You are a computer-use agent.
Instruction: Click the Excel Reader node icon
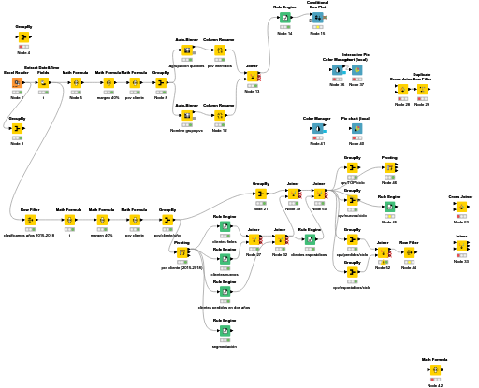point(17,83)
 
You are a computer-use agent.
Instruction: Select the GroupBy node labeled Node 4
point(23,37)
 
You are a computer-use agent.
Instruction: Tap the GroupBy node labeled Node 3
point(17,128)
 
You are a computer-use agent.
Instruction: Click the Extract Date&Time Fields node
point(43,83)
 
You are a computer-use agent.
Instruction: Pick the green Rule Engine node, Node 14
point(284,17)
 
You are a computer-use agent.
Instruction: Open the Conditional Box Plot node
point(318,17)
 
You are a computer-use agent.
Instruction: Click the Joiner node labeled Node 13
point(252,76)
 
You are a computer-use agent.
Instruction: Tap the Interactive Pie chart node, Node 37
point(356,69)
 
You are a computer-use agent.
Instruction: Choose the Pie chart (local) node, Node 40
point(356,128)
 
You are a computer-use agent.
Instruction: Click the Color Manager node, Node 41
point(318,128)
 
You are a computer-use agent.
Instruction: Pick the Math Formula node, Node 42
point(434,369)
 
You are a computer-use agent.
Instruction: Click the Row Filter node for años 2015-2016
point(30,219)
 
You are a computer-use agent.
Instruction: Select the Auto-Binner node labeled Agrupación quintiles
point(187,50)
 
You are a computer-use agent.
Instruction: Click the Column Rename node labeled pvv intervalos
point(220,50)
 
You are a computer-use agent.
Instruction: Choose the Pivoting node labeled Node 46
point(390,168)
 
